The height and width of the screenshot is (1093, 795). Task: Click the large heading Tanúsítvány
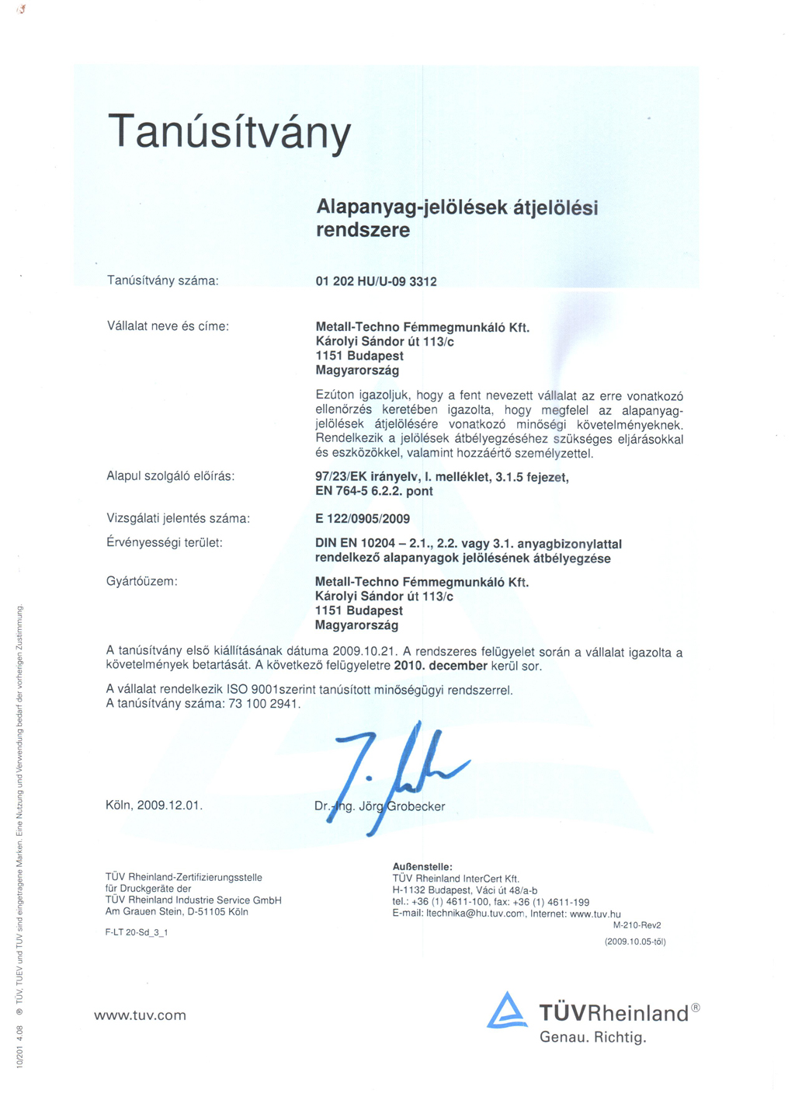(x=229, y=132)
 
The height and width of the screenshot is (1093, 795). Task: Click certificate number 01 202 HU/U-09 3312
(x=376, y=281)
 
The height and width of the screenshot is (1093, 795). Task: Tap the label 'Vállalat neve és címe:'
(x=168, y=326)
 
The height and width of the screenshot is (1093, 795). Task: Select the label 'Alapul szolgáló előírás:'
(x=170, y=475)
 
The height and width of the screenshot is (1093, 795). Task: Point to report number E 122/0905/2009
(x=362, y=518)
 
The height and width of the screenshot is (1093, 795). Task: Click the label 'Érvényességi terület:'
(x=164, y=542)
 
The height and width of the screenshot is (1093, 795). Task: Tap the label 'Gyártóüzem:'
(x=141, y=581)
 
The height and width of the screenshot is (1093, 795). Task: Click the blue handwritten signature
(x=396, y=769)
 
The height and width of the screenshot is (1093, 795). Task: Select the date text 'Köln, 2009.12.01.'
(x=154, y=805)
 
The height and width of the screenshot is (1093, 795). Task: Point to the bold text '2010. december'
(x=440, y=666)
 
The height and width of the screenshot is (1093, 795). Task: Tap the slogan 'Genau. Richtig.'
(x=592, y=1037)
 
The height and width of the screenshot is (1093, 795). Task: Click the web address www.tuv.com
(x=140, y=1015)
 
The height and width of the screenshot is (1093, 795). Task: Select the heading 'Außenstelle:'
(x=422, y=866)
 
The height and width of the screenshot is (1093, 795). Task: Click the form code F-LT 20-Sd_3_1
(x=137, y=932)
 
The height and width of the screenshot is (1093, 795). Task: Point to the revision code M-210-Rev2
(x=637, y=925)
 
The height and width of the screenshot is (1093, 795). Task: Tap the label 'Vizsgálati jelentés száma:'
(x=178, y=518)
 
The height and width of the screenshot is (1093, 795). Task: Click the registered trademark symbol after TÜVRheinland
(x=696, y=1008)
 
